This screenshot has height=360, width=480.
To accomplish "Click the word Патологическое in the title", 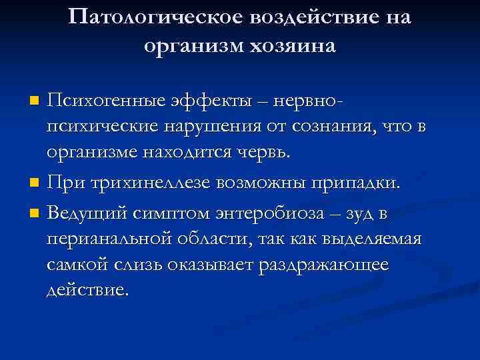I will point(159,18).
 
